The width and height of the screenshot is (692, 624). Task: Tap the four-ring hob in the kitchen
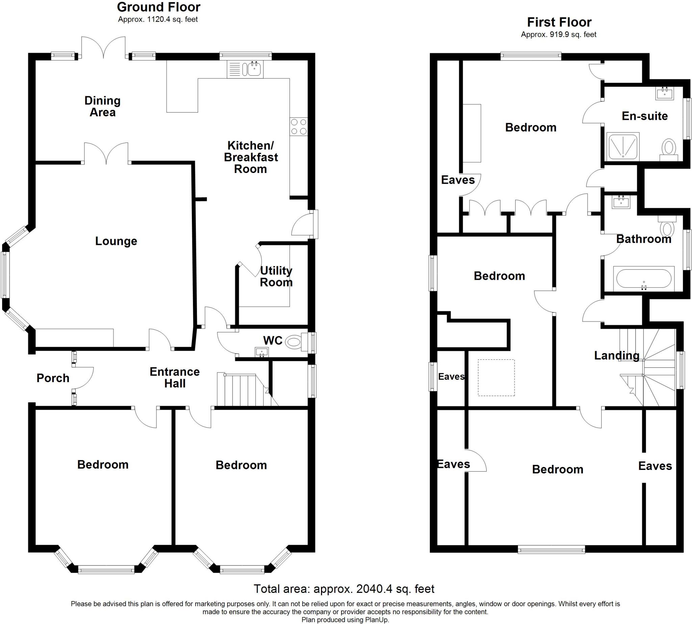(x=298, y=126)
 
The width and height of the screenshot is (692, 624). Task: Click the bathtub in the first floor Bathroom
(x=643, y=278)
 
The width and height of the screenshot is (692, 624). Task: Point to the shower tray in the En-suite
(x=623, y=146)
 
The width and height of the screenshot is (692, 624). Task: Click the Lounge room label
(x=116, y=241)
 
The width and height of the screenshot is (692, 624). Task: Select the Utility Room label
(x=276, y=276)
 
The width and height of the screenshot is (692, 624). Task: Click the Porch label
(x=53, y=378)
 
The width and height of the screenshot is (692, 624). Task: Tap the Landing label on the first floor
(x=617, y=355)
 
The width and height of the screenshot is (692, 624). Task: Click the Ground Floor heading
(x=158, y=7)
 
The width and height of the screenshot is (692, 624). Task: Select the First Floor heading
(x=559, y=22)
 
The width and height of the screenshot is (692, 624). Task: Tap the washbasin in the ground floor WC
(x=262, y=352)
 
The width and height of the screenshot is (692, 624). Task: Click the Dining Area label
(x=102, y=106)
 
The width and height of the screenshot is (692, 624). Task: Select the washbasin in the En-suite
(x=664, y=93)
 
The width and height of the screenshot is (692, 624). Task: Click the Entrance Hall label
(x=175, y=377)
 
